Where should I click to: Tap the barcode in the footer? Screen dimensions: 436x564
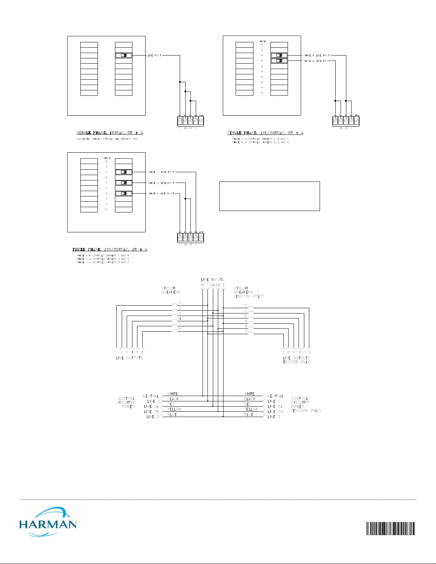[390, 528]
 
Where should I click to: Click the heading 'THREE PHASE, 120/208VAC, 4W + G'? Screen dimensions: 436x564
[110, 249]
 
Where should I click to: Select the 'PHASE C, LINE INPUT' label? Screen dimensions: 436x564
[161, 172]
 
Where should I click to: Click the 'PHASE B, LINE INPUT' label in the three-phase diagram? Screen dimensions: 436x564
[161, 183]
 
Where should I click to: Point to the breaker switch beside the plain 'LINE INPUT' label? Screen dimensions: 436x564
[124, 56]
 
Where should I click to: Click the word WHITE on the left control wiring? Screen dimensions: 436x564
[173, 394]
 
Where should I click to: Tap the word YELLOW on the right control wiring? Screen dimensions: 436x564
[251, 409]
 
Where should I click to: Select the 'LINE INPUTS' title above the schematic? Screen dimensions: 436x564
[212, 280]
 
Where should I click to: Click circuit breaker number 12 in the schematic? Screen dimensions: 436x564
[245, 306]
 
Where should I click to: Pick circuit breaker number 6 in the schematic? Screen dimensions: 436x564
[180, 329]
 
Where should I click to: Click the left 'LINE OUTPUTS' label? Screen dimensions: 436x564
[129, 358]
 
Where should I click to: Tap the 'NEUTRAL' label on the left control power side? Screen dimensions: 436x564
[151, 396]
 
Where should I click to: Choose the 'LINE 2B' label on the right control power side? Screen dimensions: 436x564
[275, 412]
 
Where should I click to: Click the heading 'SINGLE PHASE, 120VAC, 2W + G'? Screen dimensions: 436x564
[110, 133]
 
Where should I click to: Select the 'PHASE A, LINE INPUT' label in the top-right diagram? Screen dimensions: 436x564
[317, 56]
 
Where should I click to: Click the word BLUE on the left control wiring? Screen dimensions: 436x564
[172, 415]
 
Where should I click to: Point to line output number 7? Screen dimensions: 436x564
[283, 352]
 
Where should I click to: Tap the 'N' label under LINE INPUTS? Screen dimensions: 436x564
[203, 285]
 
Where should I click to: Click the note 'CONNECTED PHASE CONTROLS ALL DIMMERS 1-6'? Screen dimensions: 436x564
[107, 139]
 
